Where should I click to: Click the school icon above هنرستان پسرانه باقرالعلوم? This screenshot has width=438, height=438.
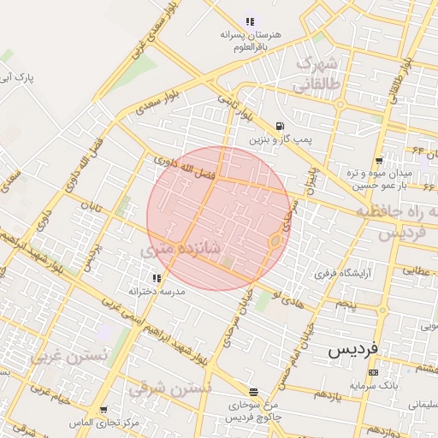(250, 21)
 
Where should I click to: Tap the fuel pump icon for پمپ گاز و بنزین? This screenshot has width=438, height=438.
(281, 125)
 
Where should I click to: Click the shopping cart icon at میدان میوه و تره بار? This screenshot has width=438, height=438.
(378, 161)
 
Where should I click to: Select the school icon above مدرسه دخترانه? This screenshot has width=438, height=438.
(157, 278)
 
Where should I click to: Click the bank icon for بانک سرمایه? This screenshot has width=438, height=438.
(373, 372)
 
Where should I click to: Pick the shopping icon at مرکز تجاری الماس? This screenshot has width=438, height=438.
(104, 411)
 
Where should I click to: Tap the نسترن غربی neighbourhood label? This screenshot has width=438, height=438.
(70, 355)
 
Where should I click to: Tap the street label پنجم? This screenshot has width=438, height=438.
(346, 304)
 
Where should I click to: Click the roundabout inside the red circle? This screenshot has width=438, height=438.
(275, 242)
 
